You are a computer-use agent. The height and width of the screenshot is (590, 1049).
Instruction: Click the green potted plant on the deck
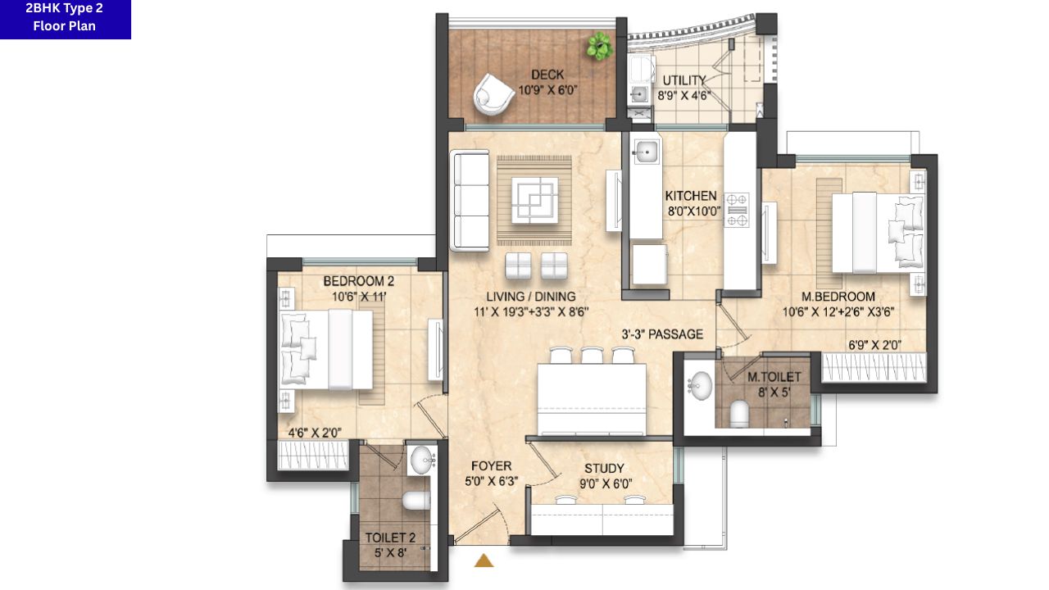pos(599,46)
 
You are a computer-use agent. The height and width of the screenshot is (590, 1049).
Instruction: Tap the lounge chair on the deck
pos(493,94)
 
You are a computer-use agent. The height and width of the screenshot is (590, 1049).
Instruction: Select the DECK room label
pos(547,75)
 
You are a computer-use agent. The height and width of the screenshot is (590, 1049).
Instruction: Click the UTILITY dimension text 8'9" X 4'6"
pos(683,96)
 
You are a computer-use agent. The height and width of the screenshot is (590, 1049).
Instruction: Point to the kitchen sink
pos(646,152)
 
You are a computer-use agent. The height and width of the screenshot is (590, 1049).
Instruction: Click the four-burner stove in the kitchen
pos(736,211)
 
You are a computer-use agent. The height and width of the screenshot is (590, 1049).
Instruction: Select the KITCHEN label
pos(691,196)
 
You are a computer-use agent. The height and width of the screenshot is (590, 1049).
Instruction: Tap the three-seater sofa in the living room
pos(470,201)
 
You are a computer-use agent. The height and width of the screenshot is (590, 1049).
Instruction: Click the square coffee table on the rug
pos(535,200)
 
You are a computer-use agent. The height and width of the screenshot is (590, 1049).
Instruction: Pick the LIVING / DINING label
pos(530,297)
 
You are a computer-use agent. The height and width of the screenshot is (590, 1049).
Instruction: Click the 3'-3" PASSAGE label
pos(662,334)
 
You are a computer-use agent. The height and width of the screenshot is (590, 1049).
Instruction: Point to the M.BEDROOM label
pos(838,297)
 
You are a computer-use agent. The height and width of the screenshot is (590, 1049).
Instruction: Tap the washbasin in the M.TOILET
pos(701,385)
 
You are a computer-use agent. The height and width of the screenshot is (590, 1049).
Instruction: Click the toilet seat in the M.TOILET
pos(739,414)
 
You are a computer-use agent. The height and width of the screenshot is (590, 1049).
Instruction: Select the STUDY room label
pos(604,468)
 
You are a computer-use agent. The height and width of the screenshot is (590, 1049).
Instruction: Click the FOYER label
pos(491,466)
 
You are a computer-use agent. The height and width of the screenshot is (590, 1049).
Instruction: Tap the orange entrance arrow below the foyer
pos(484,560)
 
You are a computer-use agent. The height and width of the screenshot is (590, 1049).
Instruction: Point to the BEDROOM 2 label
pos(359,281)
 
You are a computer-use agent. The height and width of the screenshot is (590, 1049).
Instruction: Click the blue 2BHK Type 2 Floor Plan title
pos(65,19)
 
